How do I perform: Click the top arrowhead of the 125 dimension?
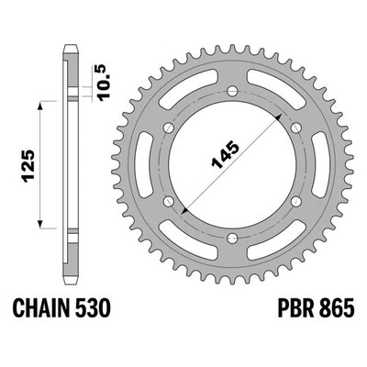tap(41, 106)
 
